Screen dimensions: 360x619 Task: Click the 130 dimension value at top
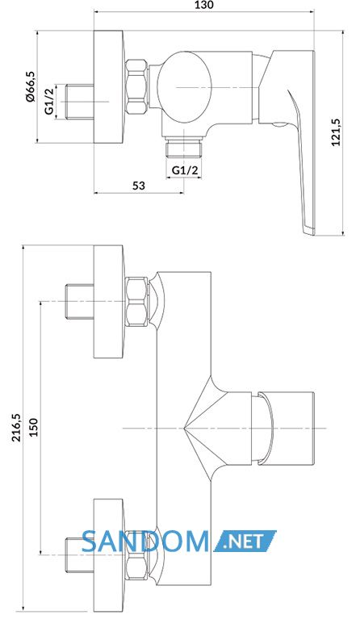pos(203,5)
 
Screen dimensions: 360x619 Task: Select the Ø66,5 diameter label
pos(30,87)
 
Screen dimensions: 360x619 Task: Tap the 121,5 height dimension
pos(336,132)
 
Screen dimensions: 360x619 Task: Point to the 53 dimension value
pos(139,185)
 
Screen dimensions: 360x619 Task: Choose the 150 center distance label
pos(34,428)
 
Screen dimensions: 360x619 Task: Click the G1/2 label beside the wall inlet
pos(48,102)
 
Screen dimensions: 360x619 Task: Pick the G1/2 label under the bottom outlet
pos(185,170)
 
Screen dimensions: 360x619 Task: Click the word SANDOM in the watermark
pos(145,542)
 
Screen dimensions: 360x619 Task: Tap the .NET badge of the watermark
pos(245,542)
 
